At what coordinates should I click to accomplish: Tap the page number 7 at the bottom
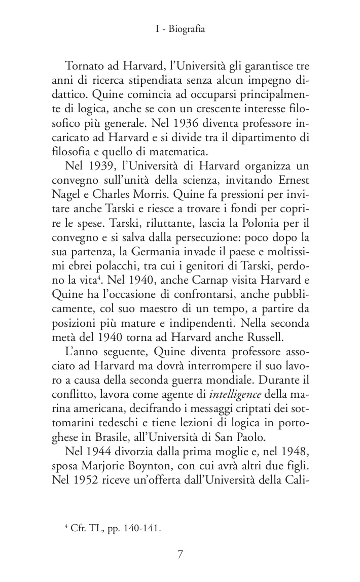tap(180, 554)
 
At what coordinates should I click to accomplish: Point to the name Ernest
tap(290, 181)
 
